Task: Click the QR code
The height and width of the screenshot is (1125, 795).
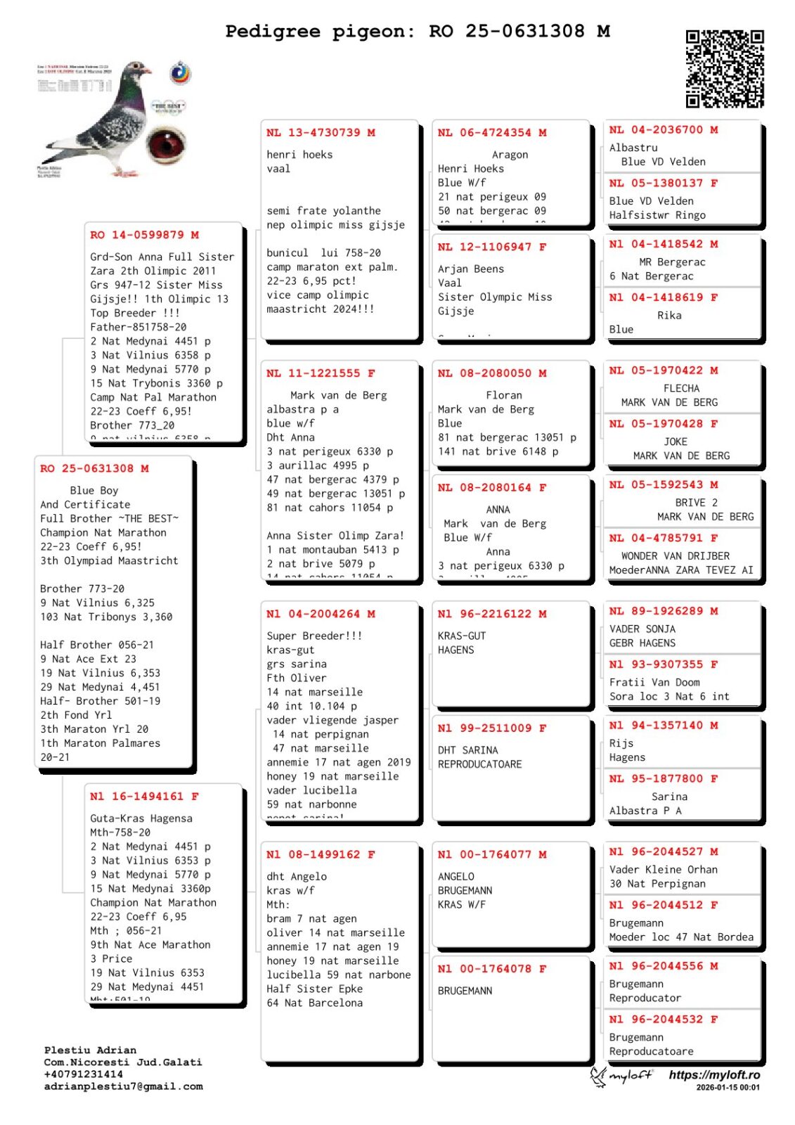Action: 724,68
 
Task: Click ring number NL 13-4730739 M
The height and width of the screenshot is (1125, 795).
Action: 321,133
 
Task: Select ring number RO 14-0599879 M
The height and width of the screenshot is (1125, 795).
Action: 144,235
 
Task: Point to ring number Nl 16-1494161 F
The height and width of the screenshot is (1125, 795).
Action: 144,797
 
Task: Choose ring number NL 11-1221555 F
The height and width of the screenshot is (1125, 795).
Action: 321,373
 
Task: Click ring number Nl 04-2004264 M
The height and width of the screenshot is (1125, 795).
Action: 321,614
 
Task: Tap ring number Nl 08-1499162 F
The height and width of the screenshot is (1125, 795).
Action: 321,854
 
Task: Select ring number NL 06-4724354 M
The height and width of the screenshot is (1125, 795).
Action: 492,133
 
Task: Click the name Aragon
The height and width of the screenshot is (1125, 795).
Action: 510,155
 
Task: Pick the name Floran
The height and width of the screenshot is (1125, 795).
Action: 504,395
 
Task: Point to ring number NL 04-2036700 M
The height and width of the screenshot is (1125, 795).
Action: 664,130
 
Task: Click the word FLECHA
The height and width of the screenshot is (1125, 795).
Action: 681,388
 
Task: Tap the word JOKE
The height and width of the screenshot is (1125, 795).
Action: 676,442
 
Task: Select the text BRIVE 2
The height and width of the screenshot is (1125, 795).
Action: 696,503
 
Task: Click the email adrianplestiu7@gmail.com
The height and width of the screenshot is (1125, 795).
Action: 123,1086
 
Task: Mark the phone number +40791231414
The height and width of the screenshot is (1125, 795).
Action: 83,1074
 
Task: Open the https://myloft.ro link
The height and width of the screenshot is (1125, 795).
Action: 714,1075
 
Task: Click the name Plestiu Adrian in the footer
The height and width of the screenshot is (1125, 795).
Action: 90,1050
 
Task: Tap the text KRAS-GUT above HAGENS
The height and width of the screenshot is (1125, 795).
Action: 462,636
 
